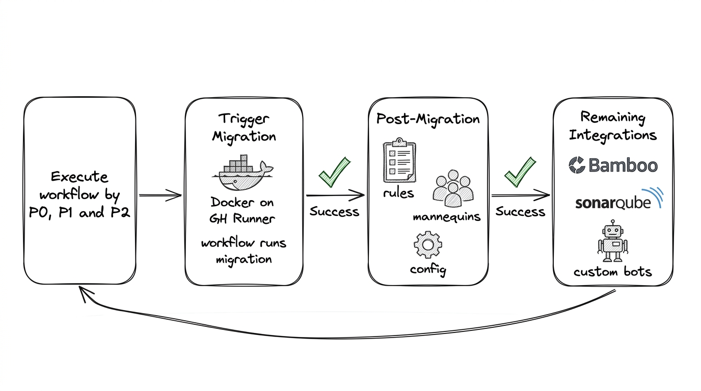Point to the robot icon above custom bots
(x=612, y=241)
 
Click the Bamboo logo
(x=613, y=165)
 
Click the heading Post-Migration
(x=428, y=119)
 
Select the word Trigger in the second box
(x=244, y=119)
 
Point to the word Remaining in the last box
(x=613, y=118)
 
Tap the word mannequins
(x=446, y=217)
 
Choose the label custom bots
(x=612, y=272)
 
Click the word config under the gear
(x=428, y=269)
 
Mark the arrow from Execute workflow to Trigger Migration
(x=160, y=195)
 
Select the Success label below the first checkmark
(x=334, y=211)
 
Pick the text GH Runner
(x=242, y=219)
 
